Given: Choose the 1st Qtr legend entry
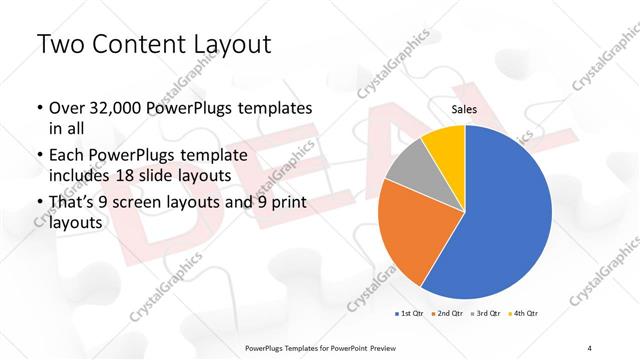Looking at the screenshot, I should (409, 313).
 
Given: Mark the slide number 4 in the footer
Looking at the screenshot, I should (589, 347).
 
